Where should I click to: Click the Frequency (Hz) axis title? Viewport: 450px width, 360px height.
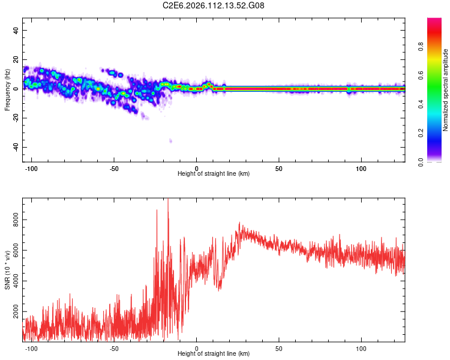click(x=7, y=90)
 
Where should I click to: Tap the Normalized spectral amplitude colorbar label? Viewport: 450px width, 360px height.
click(x=445, y=90)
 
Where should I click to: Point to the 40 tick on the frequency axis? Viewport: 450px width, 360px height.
click(x=16, y=30)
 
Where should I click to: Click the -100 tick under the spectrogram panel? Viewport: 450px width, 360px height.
click(x=31, y=167)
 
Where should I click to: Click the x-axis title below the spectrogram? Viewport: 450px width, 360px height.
click(x=214, y=174)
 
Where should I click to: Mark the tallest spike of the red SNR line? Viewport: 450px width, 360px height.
click(x=168, y=199)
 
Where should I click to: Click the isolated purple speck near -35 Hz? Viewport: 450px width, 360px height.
click(x=170, y=141)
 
